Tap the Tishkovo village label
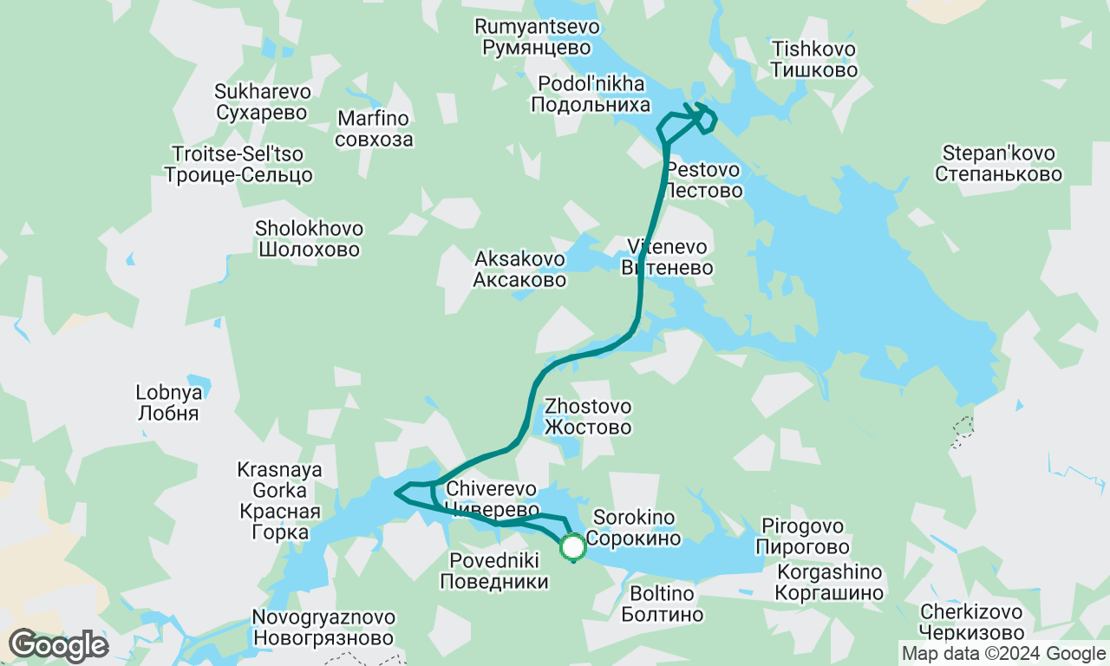coord(813,59)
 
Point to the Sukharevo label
coord(262,102)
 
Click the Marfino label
coord(374,128)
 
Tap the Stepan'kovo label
coord(998,164)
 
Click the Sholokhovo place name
coord(309,239)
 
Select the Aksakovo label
coord(519,269)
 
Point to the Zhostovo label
coord(588,416)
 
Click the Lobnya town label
coord(168,402)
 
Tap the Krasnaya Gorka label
coord(279,500)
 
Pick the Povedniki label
coord(494,571)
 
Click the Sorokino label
coord(633,528)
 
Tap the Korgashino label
coord(830,583)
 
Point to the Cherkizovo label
coord(972,621)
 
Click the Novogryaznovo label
coord(323,629)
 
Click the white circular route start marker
coord(573,547)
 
